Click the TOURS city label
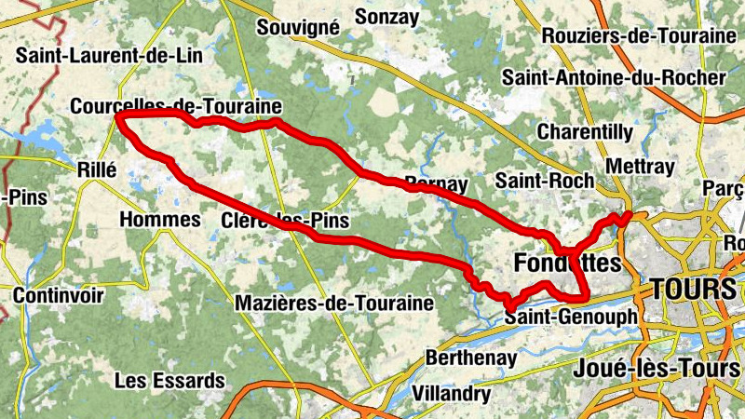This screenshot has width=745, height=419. (x=694, y=289)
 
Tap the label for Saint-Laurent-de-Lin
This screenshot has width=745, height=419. (x=109, y=55)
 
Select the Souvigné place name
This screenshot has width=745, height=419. (x=297, y=27)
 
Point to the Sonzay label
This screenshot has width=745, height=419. (x=386, y=17)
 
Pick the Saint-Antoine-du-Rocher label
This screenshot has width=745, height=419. (x=613, y=77)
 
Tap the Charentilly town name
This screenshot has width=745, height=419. (x=585, y=132)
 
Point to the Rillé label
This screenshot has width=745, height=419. (x=95, y=169)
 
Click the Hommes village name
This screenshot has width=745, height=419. (x=160, y=220)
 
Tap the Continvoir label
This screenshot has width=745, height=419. (x=57, y=296)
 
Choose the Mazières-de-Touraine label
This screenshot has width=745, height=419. (x=334, y=304)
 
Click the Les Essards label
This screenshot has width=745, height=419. (x=169, y=381)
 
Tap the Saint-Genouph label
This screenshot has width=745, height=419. (x=570, y=318)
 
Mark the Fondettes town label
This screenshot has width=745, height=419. (x=566, y=264)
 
